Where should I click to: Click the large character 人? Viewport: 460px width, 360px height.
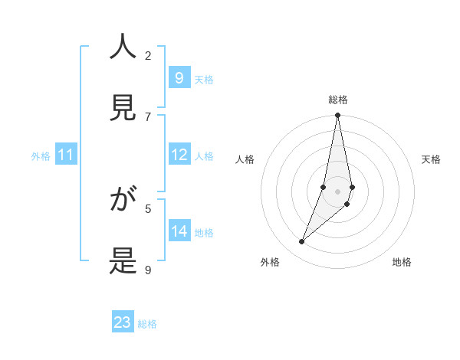pos(123,47)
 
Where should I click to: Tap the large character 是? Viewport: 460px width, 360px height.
pos(123,262)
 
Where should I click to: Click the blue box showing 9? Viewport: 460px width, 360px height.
pos(179,78)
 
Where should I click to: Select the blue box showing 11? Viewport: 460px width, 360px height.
pos(66,155)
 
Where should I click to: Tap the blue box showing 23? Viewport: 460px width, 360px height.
pos(123,323)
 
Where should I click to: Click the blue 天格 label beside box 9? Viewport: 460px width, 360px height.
pos(204,79)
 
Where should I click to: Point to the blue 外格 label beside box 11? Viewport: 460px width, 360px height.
pos(41,156)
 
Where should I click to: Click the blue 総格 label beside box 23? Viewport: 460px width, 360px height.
pos(147,324)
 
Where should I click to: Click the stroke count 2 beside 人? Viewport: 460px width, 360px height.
pos(148,55)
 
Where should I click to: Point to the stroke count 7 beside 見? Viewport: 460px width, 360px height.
pos(148,116)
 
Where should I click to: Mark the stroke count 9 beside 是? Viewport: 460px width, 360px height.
pos(148,270)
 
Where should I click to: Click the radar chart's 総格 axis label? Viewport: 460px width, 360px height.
pos(338,100)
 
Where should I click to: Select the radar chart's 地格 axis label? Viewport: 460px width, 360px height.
pos(402,262)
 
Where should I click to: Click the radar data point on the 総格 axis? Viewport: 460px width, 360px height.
pos(337,116)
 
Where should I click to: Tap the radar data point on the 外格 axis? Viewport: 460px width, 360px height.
pos(301,242)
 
